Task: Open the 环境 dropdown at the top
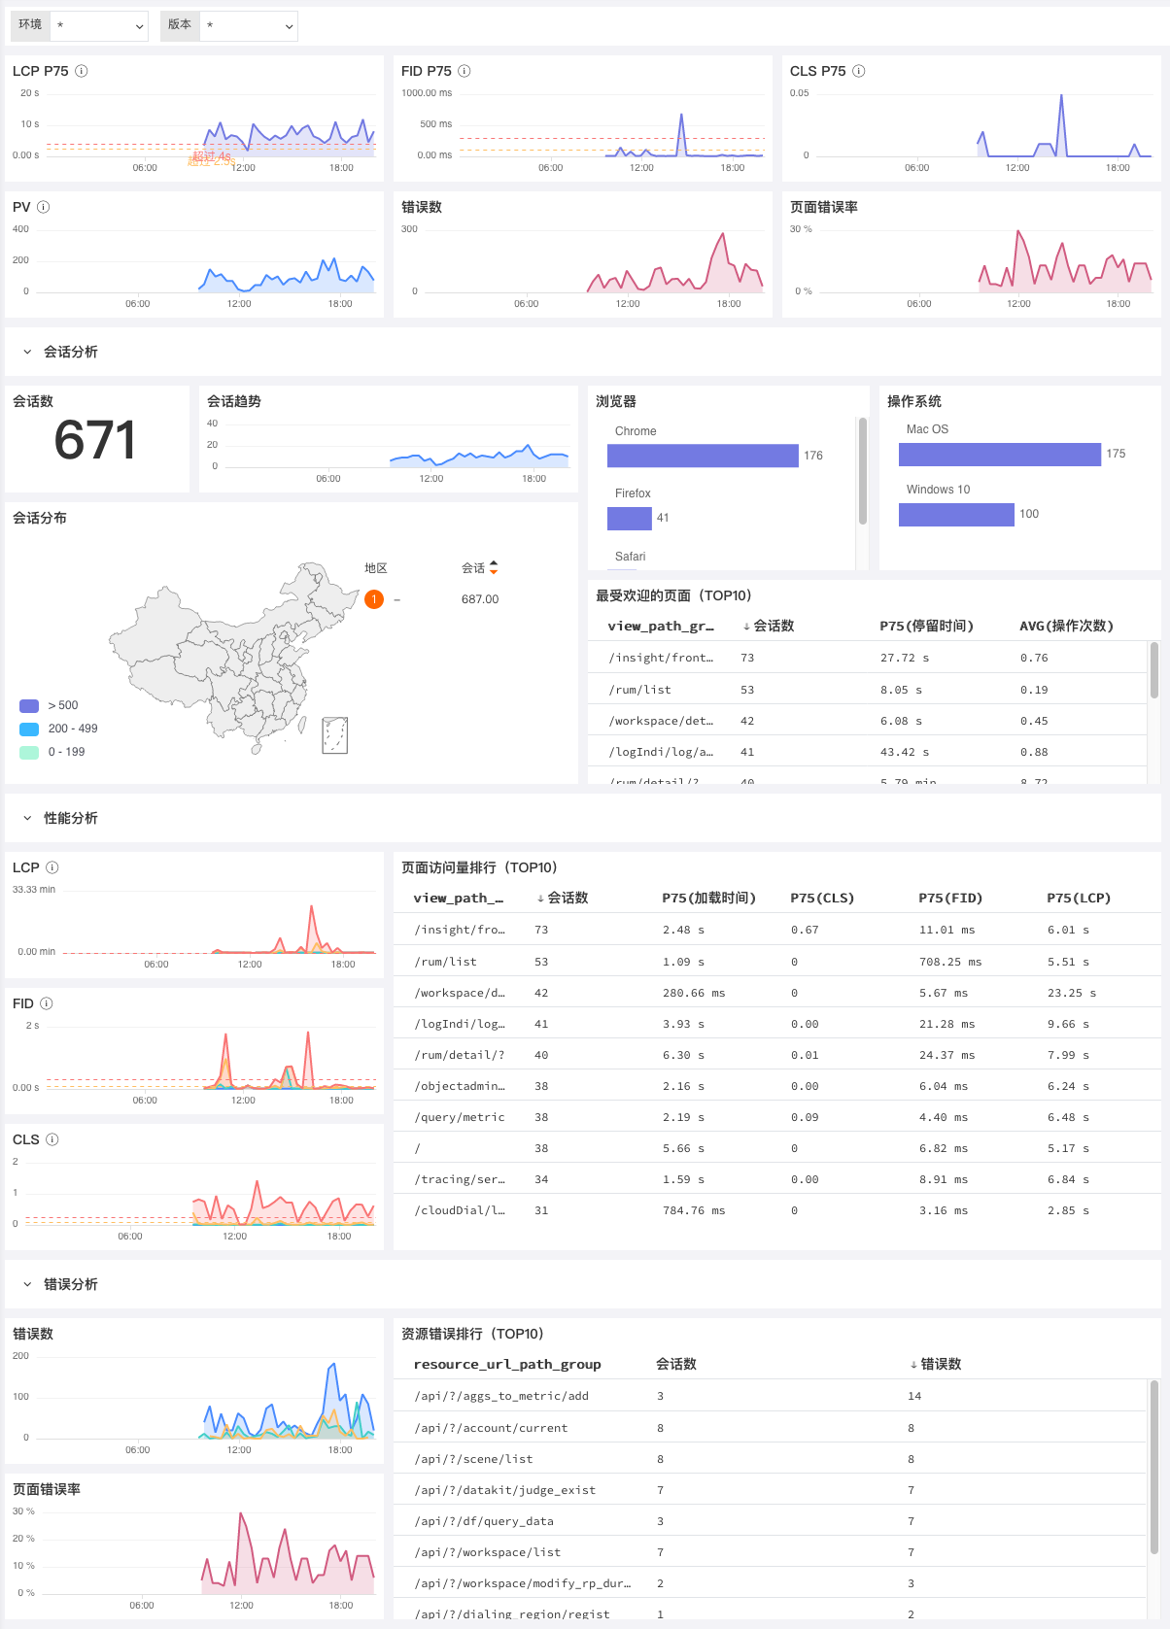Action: pos(98,26)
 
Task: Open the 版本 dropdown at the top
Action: pos(248,26)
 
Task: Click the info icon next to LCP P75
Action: pos(82,71)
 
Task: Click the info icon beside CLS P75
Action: pos(859,71)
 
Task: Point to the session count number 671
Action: pos(94,440)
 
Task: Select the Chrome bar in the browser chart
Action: pos(702,456)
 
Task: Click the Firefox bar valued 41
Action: pos(629,519)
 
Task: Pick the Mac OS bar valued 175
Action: pos(999,455)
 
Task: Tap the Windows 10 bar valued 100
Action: pos(956,515)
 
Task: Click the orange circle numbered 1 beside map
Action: pos(374,599)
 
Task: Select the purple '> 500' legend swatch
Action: pos(29,706)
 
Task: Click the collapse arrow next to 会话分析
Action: pos(27,352)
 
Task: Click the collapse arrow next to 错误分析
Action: pos(27,1284)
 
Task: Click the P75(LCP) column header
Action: pos(1079,899)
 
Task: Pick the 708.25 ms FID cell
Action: pos(950,962)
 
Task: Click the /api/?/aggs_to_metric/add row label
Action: pos(501,1396)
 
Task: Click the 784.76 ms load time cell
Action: pos(694,1210)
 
